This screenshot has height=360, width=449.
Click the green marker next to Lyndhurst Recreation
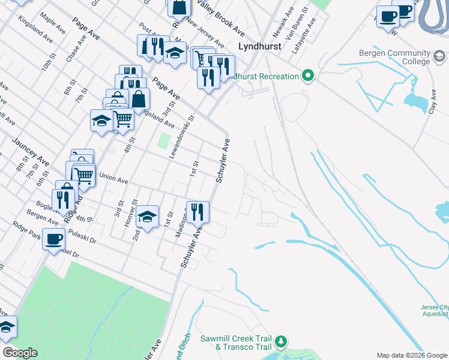[x=309, y=76]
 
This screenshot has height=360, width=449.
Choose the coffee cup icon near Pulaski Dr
[x=54, y=240]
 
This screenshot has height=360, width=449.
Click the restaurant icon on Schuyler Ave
[x=197, y=212]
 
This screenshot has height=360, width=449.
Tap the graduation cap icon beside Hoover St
[x=147, y=217]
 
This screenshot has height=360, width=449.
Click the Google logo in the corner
[x=19, y=353]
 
